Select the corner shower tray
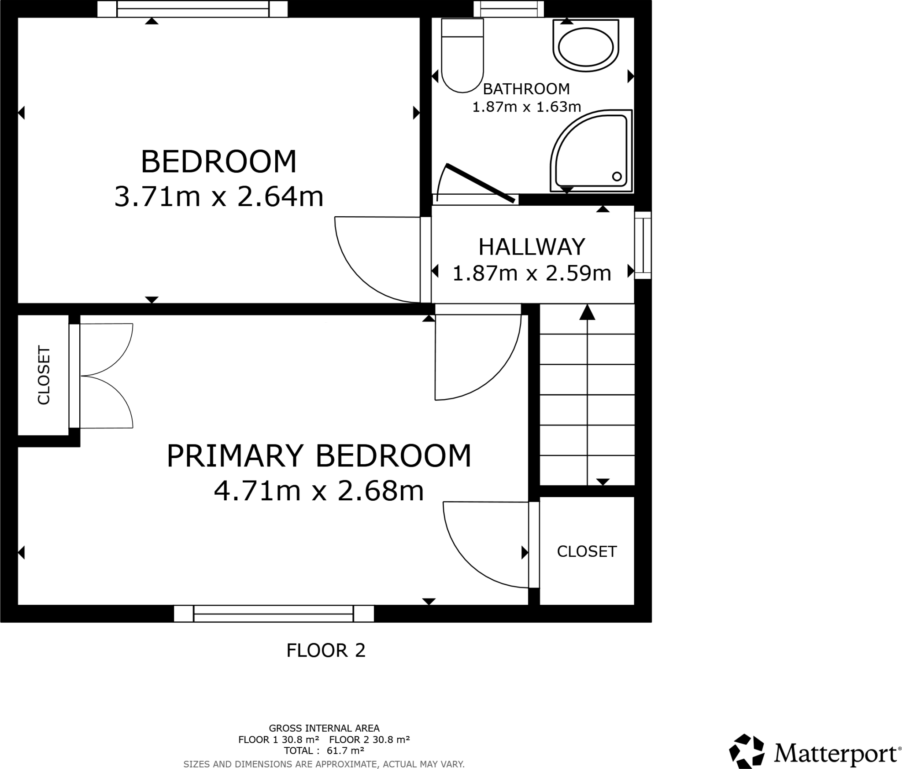pos(590,152)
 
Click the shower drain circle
pos(617,177)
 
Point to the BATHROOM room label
pos(526,89)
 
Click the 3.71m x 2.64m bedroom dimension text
pos(219,196)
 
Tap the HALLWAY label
pos(532,247)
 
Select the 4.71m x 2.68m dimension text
pos(318,491)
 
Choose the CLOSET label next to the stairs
pos(587,551)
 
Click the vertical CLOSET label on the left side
pos(44,375)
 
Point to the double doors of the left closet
pos(106,376)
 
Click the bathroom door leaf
pos(480,183)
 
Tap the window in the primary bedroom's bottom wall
pos(274,614)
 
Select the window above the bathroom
pos(509,8)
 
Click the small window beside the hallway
pos(643,245)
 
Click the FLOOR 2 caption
pos(326,651)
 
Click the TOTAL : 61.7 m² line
pos(324,751)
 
